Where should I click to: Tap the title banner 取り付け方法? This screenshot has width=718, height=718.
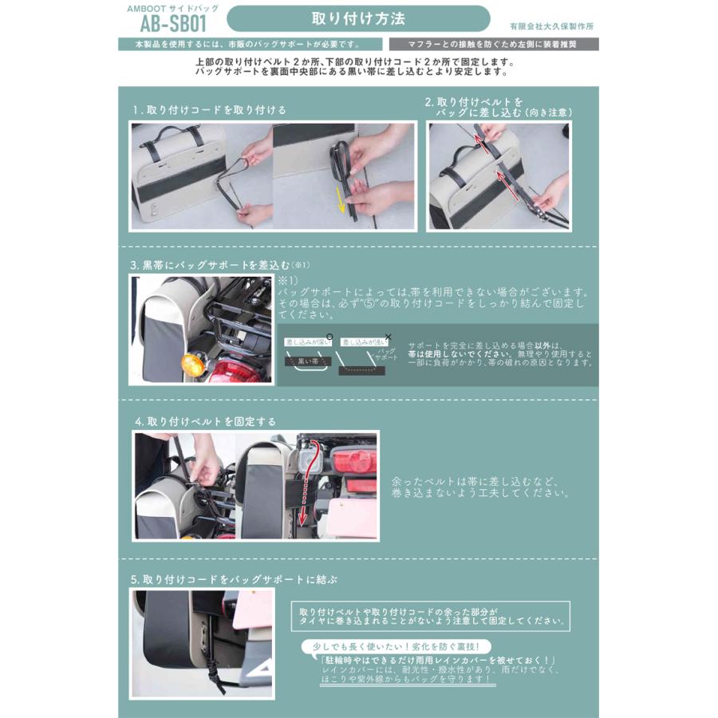[358, 18]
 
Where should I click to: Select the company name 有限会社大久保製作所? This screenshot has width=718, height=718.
[551, 26]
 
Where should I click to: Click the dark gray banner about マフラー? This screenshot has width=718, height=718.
[494, 44]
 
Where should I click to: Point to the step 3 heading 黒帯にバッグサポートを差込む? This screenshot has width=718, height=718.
[219, 264]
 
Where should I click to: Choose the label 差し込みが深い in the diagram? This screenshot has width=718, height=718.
[306, 341]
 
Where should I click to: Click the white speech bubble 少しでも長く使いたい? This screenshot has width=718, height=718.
[396, 646]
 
